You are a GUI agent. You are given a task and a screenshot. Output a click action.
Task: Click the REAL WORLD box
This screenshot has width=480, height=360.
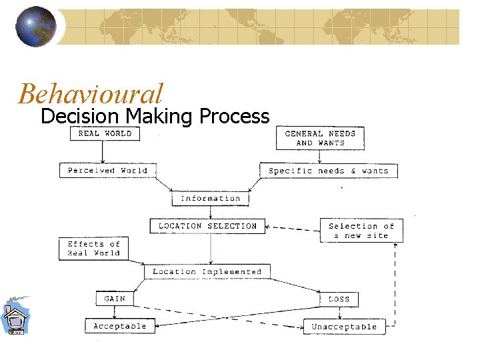click(x=105, y=133)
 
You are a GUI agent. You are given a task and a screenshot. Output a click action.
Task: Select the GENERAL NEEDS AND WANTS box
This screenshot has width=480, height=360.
click(x=320, y=138)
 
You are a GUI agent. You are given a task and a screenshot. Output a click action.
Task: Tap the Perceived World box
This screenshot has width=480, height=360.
click(x=107, y=171)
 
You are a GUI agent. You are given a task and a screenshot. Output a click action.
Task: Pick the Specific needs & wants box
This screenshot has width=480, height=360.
click(x=328, y=171)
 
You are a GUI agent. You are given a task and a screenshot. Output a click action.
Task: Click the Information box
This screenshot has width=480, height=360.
click(x=210, y=198)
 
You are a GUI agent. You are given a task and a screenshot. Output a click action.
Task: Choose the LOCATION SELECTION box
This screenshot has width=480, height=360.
click(x=207, y=226)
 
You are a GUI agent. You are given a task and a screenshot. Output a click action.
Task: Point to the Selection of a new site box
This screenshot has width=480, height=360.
click(x=361, y=230)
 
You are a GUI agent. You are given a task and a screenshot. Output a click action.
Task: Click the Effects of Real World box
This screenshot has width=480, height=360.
click(x=93, y=249)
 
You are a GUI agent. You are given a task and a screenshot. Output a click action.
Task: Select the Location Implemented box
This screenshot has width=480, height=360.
click(x=207, y=271)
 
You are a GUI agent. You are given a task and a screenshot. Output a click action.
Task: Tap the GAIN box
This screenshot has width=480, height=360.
click(x=115, y=299)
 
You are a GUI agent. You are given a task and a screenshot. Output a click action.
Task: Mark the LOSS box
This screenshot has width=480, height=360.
click(x=339, y=299)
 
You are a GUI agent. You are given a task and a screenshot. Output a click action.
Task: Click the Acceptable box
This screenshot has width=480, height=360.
click(x=120, y=326)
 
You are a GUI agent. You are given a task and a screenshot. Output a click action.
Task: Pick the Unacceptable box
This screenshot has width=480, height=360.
click(x=344, y=327)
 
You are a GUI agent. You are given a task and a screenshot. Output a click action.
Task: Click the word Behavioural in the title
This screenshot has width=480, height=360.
click(x=91, y=93)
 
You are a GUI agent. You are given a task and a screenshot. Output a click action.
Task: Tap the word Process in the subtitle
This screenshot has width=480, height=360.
click(x=234, y=117)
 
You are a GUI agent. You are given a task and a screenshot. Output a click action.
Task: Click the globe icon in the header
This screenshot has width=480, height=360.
click(x=35, y=27)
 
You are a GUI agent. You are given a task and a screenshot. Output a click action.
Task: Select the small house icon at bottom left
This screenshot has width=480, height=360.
click(x=14, y=317)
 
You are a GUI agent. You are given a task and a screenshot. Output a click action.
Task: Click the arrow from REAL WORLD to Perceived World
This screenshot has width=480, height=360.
click(x=103, y=152)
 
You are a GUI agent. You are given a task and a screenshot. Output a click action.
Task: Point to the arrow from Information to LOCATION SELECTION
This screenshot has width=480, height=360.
click(x=211, y=212)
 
